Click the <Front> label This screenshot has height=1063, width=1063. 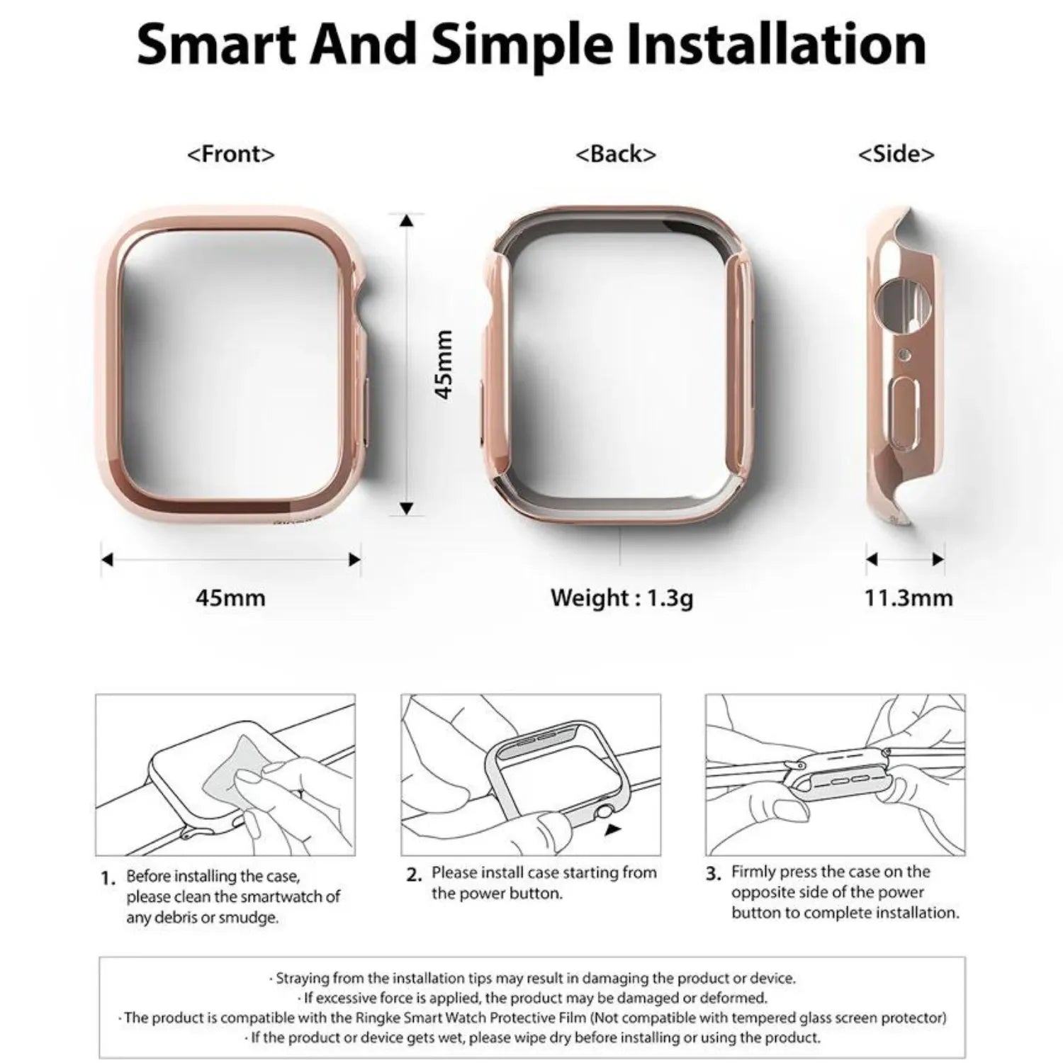(230, 154)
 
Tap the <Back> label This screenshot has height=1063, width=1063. (615, 154)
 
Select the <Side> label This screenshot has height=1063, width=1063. (896, 154)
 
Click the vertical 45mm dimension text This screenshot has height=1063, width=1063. (444, 364)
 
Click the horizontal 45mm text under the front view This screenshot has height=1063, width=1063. (230, 597)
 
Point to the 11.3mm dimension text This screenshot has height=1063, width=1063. (908, 597)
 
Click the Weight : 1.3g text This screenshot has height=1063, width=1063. (622, 597)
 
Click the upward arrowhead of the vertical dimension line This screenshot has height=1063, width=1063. (406, 220)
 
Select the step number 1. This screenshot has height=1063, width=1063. (108, 879)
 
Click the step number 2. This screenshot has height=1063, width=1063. (415, 875)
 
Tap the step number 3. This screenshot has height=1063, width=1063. (714, 874)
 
